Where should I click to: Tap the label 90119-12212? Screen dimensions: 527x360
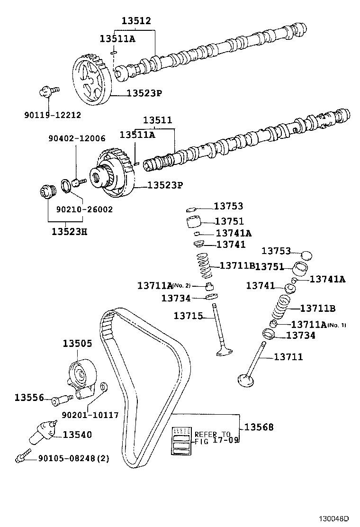(x=52, y=115)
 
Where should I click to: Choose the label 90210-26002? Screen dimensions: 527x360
(x=84, y=209)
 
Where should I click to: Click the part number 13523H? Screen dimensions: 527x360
(x=69, y=231)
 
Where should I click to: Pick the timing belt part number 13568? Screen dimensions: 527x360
(x=259, y=427)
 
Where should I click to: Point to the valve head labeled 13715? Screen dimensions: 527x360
(x=224, y=351)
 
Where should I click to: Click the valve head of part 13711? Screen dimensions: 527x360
(x=247, y=380)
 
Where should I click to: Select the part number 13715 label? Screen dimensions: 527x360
(x=189, y=316)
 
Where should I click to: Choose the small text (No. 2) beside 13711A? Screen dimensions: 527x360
(x=181, y=285)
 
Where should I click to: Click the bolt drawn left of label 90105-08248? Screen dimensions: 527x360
(x=20, y=458)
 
